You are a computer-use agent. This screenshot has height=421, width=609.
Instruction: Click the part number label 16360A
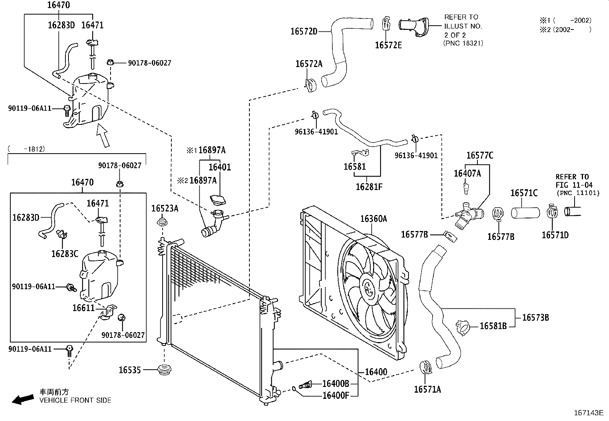[x=374, y=219]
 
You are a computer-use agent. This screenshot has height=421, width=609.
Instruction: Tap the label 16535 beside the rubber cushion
[x=130, y=370]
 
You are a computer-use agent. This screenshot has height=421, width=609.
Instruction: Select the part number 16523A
[x=165, y=208]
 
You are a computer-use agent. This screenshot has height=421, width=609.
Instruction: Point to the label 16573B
[x=536, y=318]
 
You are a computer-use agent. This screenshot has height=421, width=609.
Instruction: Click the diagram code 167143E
[x=589, y=413]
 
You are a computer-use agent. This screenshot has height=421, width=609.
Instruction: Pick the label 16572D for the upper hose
[x=304, y=31]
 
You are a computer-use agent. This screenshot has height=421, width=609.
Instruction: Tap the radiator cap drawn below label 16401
[x=218, y=200]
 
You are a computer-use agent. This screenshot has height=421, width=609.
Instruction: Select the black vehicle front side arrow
[x=23, y=400]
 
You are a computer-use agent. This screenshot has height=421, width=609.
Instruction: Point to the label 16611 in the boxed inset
[x=83, y=308]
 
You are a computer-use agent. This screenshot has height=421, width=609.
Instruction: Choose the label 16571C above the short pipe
[x=524, y=193]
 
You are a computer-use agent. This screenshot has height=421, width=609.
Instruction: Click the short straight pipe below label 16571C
[x=525, y=213]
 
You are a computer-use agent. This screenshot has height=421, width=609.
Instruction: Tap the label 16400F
[x=335, y=395]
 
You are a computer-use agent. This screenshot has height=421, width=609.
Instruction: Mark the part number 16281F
[x=369, y=187]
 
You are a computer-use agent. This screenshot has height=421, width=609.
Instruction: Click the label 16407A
[x=467, y=174]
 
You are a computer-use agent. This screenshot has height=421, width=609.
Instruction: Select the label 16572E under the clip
[x=388, y=45]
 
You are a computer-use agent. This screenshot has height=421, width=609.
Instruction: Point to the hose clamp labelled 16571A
[x=426, y=367]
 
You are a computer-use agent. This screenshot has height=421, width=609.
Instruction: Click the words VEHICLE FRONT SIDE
[x=75, y=400]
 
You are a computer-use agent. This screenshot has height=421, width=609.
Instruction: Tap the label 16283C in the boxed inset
[x=65, y=254]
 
